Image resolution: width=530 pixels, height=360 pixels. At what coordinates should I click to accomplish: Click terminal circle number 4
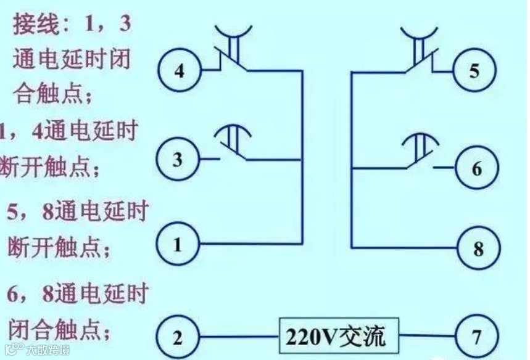coord(178,72)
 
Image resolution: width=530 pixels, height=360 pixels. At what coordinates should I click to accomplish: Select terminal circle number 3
coord(177,160)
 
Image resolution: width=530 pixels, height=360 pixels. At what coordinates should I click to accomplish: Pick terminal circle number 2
coord(177,338)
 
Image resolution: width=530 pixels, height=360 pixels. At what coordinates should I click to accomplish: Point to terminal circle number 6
coord(476,168)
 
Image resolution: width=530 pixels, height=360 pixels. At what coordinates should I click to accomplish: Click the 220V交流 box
coord(336,337)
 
